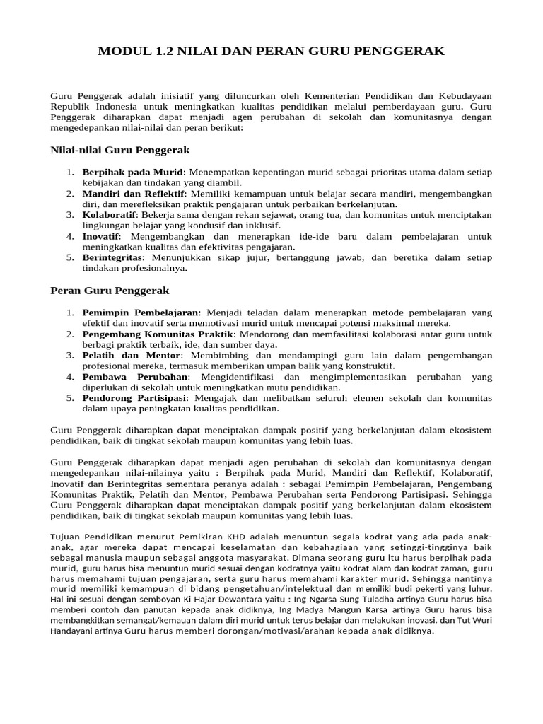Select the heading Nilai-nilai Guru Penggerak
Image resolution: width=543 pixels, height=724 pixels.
click(120, 151)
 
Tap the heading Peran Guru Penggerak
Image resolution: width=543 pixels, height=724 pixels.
click(110, 291)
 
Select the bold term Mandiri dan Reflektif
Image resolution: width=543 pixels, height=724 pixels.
click(134, 194)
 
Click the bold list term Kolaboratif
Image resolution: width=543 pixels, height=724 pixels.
click(110, 215)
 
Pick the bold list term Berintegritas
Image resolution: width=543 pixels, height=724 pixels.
click(112, 258)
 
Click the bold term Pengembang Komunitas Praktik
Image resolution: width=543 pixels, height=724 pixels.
click(158, 334)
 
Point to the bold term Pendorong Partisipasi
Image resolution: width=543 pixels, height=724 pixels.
click(133, 398)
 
